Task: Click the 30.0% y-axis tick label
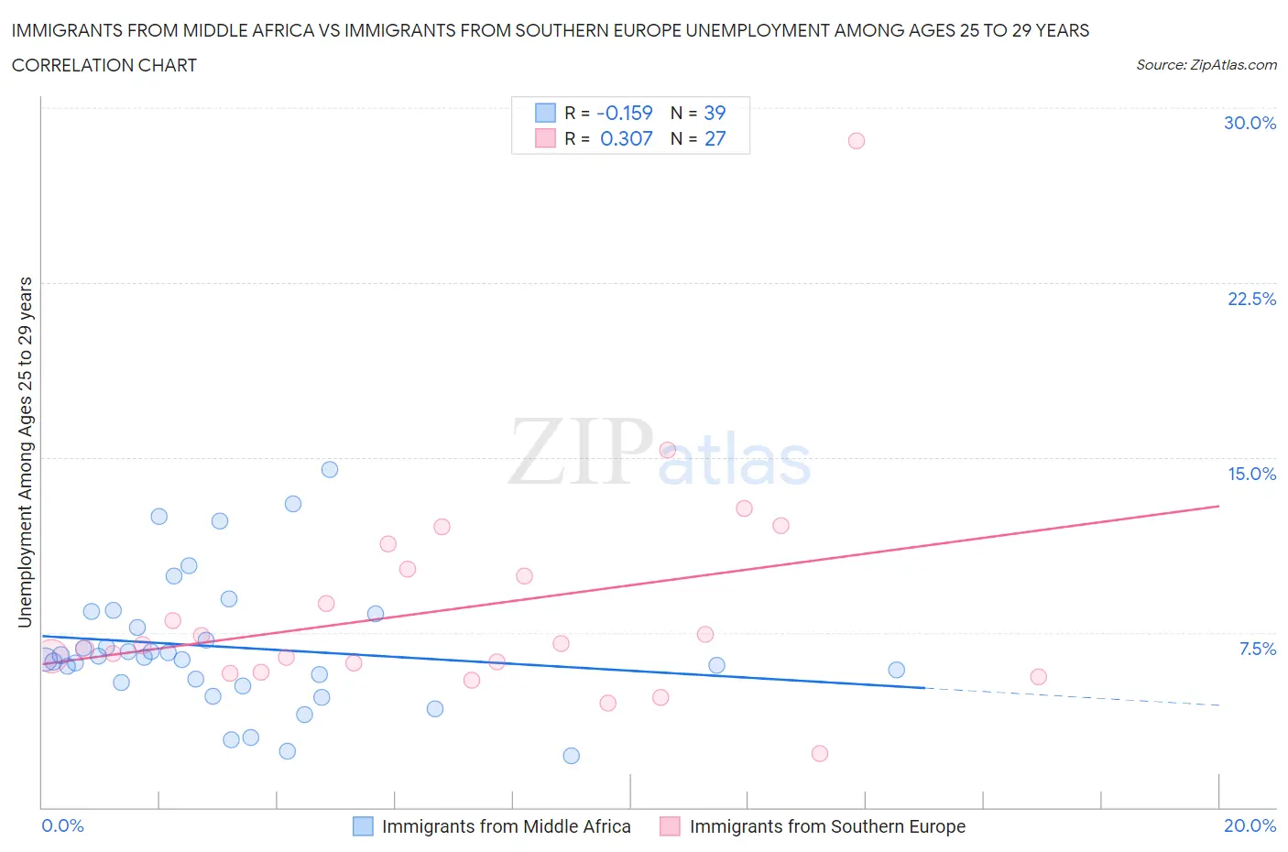1250,123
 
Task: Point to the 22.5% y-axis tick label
1251,299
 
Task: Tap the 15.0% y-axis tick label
1251,474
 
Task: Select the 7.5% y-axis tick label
1257,649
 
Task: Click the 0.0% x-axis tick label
63,825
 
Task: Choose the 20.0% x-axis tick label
1250,825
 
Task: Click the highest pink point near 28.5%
856,140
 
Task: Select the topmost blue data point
330,469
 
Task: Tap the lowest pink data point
820,753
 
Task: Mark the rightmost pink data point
1038,677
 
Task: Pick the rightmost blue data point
897,670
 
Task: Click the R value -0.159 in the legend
624,113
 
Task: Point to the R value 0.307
626,138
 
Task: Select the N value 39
715,113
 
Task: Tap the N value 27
715,138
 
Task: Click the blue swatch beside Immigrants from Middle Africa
363,826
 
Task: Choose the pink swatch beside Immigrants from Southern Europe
671,826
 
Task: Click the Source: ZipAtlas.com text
1206,64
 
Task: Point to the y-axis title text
26,453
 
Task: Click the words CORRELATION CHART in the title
104,65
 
